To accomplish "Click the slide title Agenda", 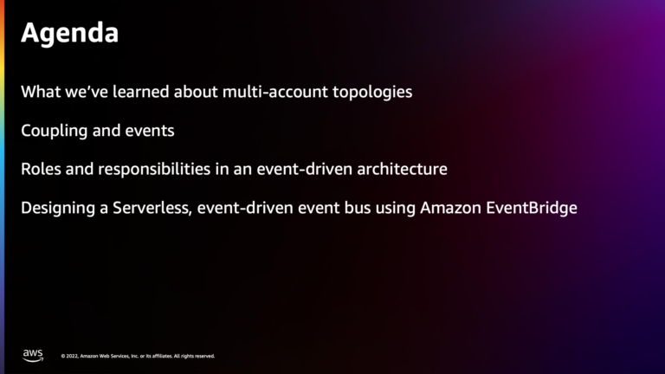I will tap(69, 34).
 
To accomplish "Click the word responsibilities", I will tap(147, 170).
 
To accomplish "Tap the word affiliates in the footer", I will tap(161, 356).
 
